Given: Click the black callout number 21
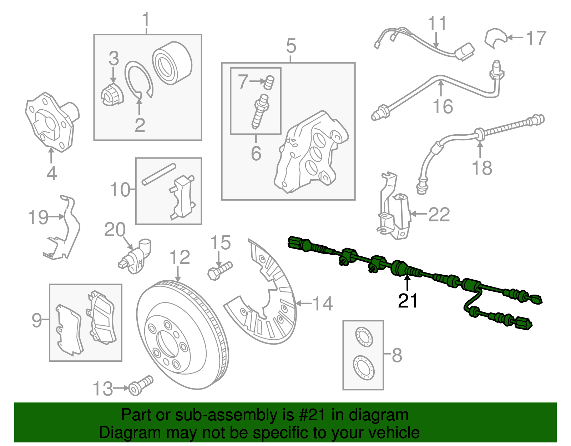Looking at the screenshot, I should tap(408, 301).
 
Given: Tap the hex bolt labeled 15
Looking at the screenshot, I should tap(219, 271).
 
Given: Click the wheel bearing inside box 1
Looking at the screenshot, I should tap(172, 64).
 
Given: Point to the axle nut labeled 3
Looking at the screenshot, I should tap(112, 95).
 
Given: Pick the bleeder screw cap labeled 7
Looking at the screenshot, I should tap(269, 83).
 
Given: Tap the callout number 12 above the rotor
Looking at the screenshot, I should tap(180, 257).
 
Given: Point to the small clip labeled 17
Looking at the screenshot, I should tap(495, 37).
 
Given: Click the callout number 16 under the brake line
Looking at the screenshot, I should tap(443, 106).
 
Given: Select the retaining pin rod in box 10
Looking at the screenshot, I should tap(159, 174).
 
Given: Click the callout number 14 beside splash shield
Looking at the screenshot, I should tap(323, 304).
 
